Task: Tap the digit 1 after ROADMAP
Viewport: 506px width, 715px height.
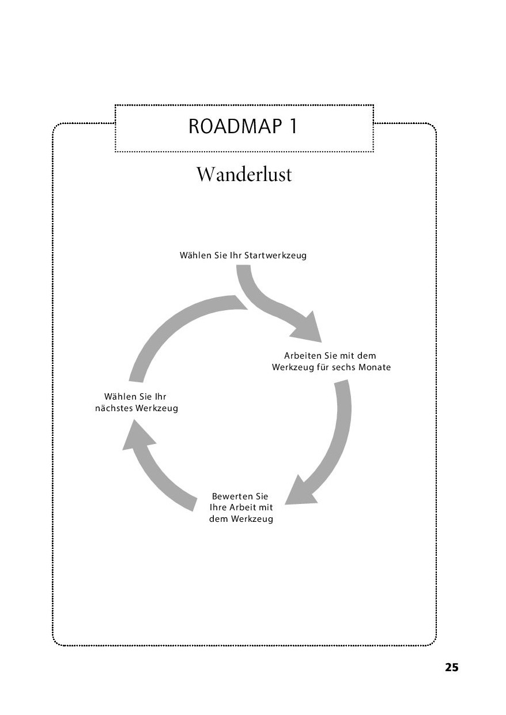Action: [293, 126]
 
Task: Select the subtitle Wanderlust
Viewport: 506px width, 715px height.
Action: [244, 175]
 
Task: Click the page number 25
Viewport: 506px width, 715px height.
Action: [451, 668]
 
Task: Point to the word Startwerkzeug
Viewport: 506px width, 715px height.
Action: [275, 256]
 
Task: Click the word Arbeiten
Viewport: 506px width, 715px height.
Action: [303, 356]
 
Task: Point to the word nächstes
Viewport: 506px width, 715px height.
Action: [114, 408]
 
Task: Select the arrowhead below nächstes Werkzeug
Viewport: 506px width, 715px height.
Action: [137, 435]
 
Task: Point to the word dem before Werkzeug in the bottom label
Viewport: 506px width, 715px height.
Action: [218, 519]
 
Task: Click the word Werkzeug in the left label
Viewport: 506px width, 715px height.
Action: [157, 408]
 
